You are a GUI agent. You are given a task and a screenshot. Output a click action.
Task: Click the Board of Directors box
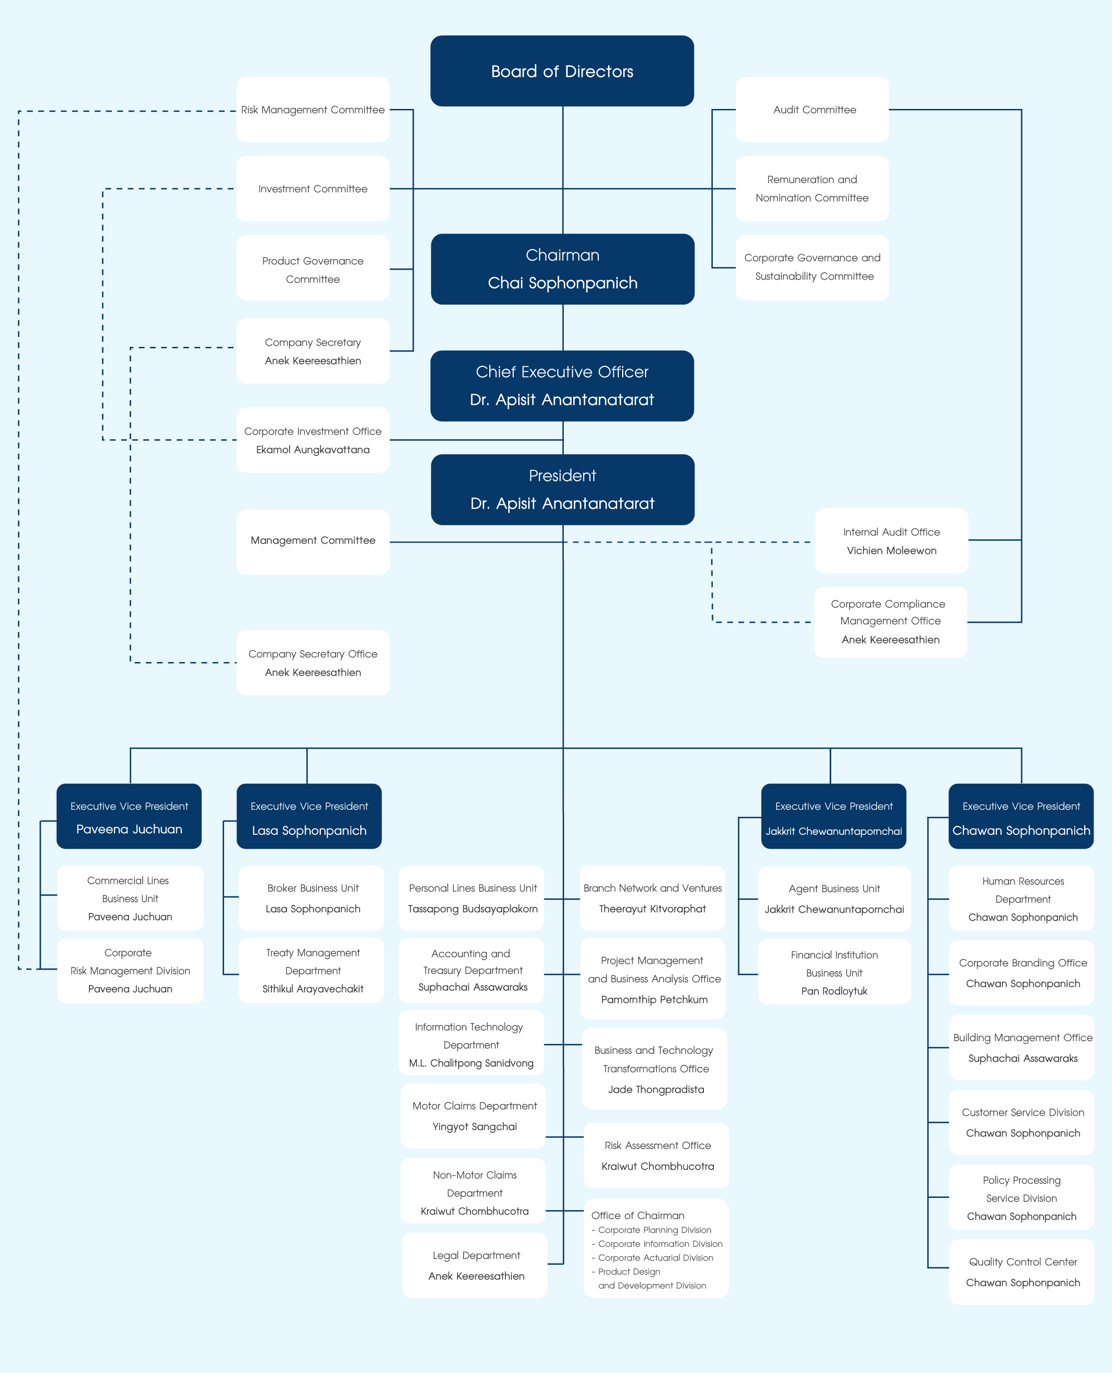point(562,71)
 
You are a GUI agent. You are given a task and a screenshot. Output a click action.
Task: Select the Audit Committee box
point(812,110)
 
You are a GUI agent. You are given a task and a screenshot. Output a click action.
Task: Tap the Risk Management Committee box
point(312,110)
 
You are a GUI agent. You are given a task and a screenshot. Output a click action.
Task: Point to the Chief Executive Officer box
point(562,386)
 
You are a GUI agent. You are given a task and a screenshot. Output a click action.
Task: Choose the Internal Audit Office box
point(891,540)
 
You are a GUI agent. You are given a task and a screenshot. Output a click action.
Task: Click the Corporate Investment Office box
point(312,440)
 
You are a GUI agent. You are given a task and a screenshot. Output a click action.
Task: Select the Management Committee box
point(312,541)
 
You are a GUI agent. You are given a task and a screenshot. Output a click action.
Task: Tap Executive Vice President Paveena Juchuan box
point(129,817)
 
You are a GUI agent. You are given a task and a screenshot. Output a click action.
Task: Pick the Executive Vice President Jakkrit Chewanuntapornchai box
point(833,817)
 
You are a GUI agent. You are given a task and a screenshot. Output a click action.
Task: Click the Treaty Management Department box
point(312,970)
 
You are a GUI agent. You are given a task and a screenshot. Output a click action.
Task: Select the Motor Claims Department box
point(474,1116)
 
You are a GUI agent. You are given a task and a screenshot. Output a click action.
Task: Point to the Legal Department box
point(475,1265)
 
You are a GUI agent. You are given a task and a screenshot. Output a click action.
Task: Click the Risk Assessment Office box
point(657,1155)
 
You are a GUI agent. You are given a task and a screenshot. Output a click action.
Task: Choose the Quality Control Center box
point(1022,1272)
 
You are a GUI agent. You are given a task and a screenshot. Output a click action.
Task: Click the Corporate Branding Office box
point(1022,973)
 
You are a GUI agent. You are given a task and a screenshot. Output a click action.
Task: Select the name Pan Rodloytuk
point(834,991)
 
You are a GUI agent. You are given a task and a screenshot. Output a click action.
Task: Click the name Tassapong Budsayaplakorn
point(473,909)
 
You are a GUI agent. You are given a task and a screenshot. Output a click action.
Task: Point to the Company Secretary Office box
point(312,663)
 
